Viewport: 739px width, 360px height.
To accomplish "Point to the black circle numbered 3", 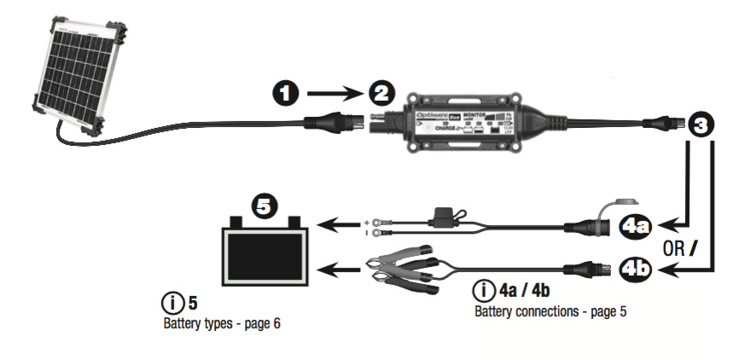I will (700, 126).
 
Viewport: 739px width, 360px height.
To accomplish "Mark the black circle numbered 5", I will (265, 206).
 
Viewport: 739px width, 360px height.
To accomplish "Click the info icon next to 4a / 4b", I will (484, 292).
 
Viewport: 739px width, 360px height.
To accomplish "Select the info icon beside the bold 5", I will (172, 303).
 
